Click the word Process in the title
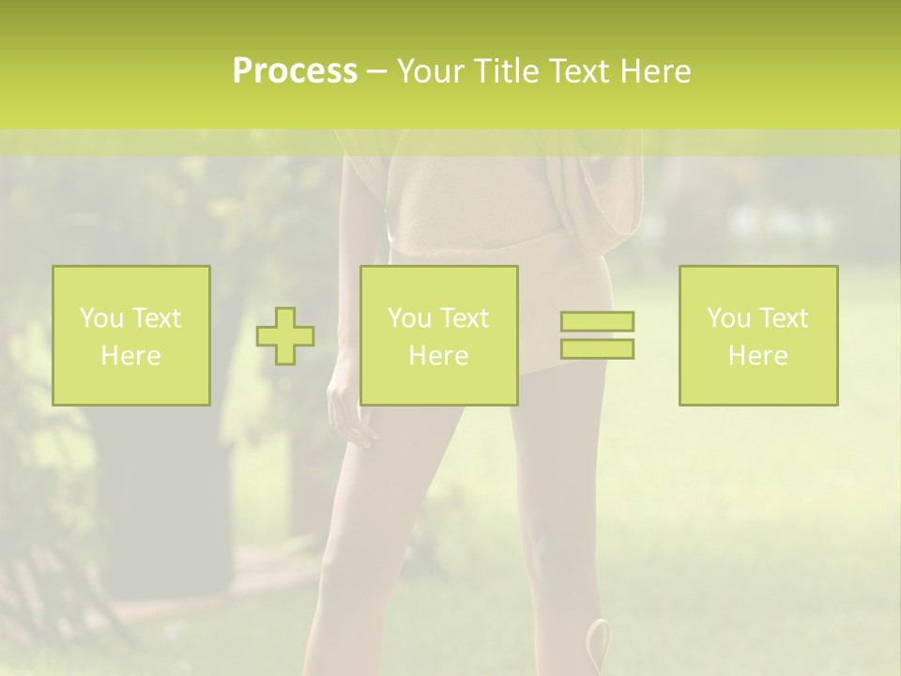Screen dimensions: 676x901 (x=295, y=71)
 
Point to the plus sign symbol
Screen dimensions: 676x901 (x=285, y=336)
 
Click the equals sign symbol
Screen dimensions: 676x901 (x=597, y=335)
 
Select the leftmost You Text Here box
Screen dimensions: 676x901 (x=131, y=336)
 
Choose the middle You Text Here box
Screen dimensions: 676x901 (x=439, y=336)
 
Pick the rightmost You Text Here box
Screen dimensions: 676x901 (x=758, y=336)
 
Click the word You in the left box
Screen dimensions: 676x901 (x=101, y=318)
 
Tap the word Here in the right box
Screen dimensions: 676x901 (x=758, y=356)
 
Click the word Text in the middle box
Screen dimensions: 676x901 (x=465, y=318)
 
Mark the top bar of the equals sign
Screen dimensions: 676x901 (x=597, y=321)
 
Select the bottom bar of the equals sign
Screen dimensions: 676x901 (x=597, y=349)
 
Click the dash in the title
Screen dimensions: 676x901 (x=376, y=71)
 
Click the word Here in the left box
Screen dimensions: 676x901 (x=131, y=356)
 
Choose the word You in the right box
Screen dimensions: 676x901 (x=728, y=318)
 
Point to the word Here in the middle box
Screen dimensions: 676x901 (x=439, y=356)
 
